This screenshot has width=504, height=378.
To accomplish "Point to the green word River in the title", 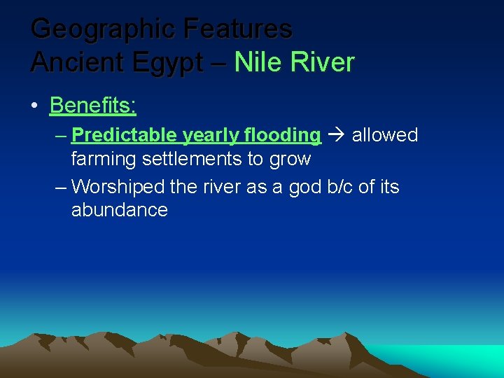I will tap(321, 62).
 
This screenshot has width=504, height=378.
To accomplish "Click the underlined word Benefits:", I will tap(93, 106).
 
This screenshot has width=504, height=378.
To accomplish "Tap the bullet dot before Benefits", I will tap(34, 106).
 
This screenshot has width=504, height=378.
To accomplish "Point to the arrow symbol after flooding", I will tap(336, 135).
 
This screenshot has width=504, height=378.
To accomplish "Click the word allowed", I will tap(384, 135).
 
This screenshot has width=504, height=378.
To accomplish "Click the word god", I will tap(302, 186).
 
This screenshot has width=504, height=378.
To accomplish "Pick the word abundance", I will tap(120, 210).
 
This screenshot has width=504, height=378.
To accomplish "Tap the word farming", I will tap(104, 159).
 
